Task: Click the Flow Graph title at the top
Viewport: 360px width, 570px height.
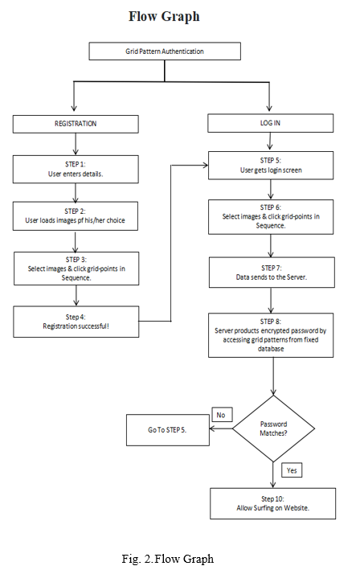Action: [x=164, y=16]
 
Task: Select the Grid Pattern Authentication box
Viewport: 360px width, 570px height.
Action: [x=165, y=51]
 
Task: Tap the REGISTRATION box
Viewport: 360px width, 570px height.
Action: [x=76, y=124]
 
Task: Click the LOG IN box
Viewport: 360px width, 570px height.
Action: [x=270, y=123]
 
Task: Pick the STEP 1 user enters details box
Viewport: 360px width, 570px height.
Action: [x=76, y=170]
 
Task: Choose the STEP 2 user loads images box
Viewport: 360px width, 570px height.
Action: [x=76, y=216]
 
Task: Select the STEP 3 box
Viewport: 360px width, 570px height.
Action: [x=76, y=269]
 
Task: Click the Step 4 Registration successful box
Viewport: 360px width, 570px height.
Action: [x=76, y=322]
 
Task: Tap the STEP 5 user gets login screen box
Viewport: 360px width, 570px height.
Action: [x=271, y=166]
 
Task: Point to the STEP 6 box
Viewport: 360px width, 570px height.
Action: [x=271, y=216]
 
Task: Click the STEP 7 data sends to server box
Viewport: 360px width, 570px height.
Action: [x=272, y=273]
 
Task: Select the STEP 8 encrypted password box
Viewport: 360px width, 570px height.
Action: [x=271, y=335]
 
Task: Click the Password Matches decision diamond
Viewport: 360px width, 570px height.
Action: [x=273, y=429]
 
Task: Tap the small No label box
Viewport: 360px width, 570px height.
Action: [x=222, y=415]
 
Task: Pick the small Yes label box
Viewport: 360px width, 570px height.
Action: [x=292, y=470]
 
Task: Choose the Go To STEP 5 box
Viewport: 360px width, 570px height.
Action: [x=167, y=430]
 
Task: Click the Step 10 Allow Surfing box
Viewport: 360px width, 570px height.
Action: [x=273, y=503]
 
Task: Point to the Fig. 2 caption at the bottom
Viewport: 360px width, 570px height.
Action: [x=168, y=559]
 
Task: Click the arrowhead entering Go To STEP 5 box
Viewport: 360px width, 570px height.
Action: [x=212, y=429]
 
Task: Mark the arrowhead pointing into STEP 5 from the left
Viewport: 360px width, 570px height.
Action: [x=206, y=166]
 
